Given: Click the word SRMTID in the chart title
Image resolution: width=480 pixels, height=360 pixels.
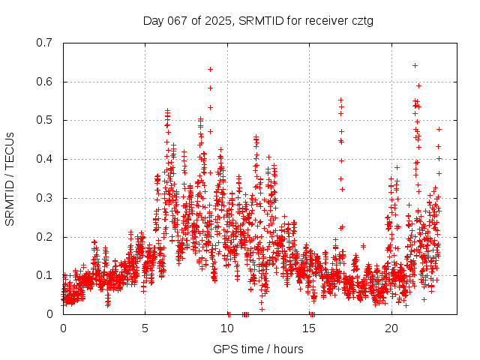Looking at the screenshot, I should tap(259, 20).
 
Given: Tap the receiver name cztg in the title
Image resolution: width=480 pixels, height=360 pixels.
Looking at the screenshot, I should tap(360, 20).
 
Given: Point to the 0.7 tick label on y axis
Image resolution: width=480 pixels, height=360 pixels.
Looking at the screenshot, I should tap(45, 43).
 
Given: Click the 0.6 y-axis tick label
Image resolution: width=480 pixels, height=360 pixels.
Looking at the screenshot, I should tap(45, 82).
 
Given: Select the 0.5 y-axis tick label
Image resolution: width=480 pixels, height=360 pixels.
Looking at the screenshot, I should tap(45, 120).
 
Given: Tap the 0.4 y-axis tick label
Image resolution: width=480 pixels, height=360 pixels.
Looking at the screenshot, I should tap(45, 159).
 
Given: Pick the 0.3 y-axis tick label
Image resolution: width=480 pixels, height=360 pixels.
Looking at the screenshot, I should tap(45, 198).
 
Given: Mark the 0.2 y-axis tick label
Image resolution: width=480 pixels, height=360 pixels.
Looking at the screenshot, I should tap(45, 237).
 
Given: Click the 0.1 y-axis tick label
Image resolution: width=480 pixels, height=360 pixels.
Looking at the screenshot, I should tap(45, 275).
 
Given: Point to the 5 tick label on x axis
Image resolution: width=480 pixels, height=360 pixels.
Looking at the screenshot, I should tap(145, 329).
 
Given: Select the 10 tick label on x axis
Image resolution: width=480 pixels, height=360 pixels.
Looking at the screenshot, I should tap(227, 329).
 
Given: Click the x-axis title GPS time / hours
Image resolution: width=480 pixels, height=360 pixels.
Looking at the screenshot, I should tap(258, 349).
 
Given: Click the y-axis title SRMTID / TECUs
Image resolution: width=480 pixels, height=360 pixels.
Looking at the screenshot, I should tap(10, 178).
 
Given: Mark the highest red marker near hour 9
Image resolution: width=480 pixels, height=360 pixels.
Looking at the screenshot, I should tap(211, 69).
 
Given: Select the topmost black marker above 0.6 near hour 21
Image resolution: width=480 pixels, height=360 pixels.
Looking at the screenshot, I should tap(415, 65).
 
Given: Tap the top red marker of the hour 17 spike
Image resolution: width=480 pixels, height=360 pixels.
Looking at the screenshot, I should tap(340, 100).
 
